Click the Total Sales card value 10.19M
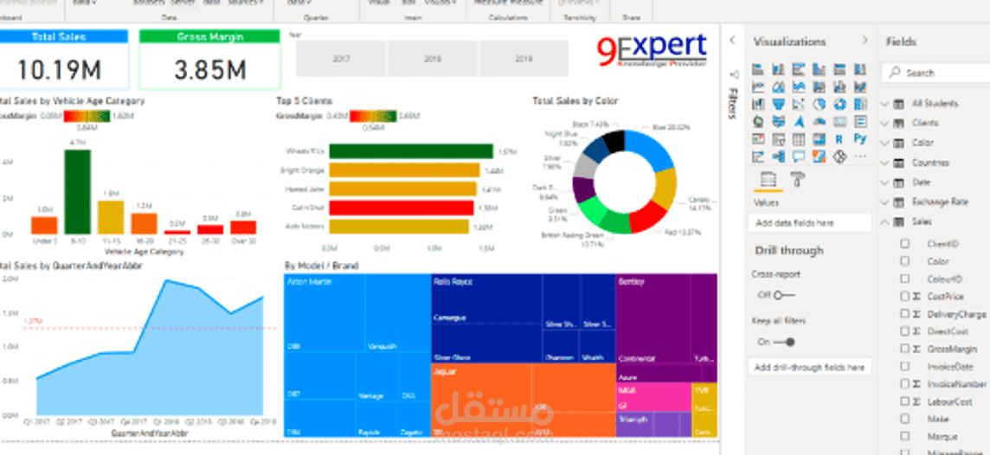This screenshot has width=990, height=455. point(59,68)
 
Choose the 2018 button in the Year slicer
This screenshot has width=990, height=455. point(432,59)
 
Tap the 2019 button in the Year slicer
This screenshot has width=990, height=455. point(524,59)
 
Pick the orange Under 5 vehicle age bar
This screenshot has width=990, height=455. point(44,225)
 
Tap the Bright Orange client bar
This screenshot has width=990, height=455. point(404,170)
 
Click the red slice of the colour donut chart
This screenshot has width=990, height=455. point(650,216)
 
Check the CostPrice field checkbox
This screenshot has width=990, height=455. point(904,297)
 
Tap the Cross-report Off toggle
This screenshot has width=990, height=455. point(783,295)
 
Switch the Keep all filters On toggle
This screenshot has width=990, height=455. point(785,342)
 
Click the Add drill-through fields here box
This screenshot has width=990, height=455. point(809,368)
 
